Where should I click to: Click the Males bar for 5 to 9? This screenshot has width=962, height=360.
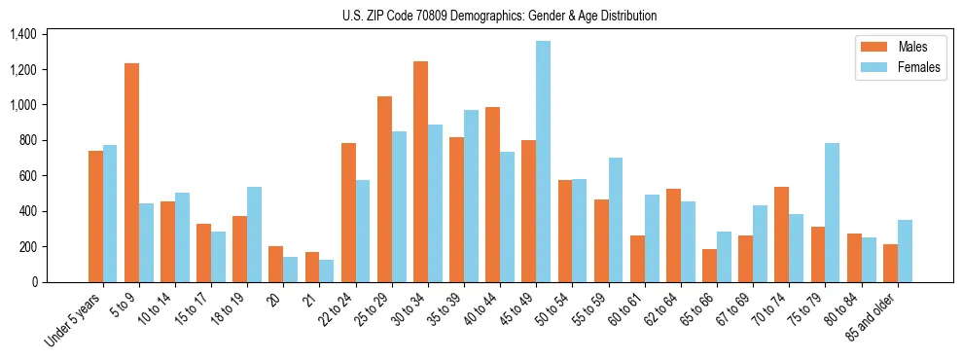click(x=131, y=172)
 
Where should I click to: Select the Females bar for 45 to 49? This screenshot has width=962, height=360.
click(x=543, y=162)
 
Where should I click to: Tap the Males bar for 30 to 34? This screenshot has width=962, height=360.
click(x=420, y=171)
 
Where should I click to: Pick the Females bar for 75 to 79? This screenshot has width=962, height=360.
click(x=832, y=212)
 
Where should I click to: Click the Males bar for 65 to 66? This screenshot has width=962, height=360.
click(x=709, y=266)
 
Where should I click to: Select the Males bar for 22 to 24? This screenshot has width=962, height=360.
click(x=348, y=212)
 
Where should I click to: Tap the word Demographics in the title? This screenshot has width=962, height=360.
click(x=518, y=16)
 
